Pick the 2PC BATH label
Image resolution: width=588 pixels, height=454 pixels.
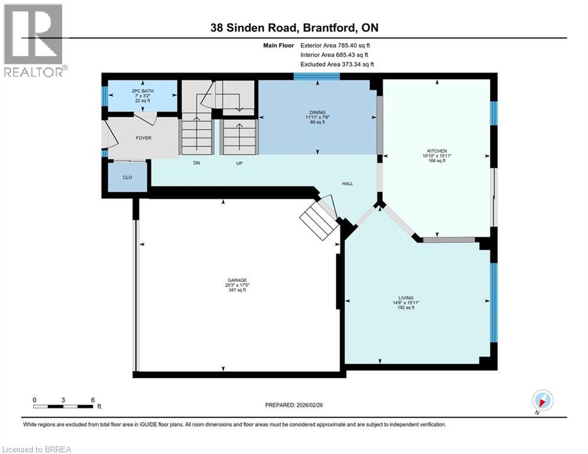[141, 90]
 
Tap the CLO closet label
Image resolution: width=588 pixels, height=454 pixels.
[127, 177]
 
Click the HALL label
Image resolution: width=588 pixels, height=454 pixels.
[347, 184]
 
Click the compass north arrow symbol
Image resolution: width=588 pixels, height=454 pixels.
[542, 401]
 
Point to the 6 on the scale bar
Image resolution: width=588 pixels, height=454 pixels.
[92, 399]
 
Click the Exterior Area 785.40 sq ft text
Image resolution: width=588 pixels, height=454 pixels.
[336, 45]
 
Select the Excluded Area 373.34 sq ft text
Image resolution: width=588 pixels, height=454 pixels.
[337, 64]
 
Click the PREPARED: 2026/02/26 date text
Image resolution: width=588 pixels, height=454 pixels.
[294, 405]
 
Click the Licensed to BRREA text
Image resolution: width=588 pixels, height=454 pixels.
[36, 449]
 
